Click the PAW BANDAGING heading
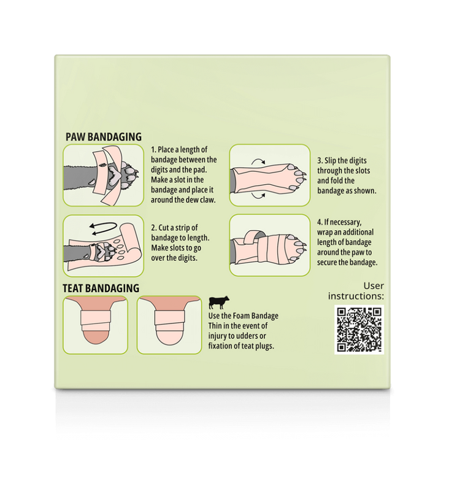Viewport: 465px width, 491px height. pos(104,137)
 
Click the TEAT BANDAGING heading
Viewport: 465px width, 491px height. pos(101,288)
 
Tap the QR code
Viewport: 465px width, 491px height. pos(359,330)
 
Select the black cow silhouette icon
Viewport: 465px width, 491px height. pos(219,302)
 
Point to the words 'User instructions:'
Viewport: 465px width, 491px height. pos(356,291)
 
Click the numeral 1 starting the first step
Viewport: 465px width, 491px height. pos(153,150)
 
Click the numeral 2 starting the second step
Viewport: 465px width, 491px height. pos(153,228)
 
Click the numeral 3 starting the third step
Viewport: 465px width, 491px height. pos(320,161)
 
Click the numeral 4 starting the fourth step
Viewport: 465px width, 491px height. pos(320,222)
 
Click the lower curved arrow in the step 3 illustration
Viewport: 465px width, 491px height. pos(259,197)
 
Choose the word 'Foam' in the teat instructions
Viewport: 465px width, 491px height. pos(242,315)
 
